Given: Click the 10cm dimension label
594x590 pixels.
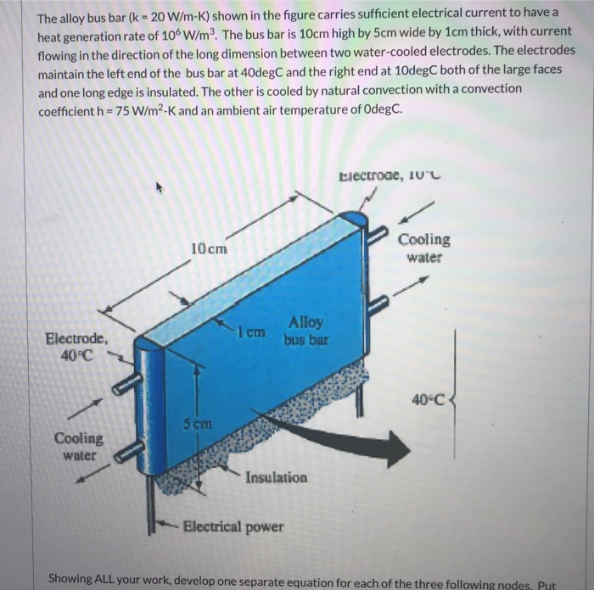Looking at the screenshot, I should (x=209, y=249).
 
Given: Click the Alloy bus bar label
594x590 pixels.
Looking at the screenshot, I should (x=305, y=330).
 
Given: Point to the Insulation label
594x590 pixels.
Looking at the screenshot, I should (x=277, y=478).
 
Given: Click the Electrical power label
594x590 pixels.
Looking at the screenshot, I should (x=233, y=527).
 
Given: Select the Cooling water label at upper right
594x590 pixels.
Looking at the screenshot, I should (x=424, y=248).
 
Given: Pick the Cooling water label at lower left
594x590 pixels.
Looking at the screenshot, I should (x=79, y=446).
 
